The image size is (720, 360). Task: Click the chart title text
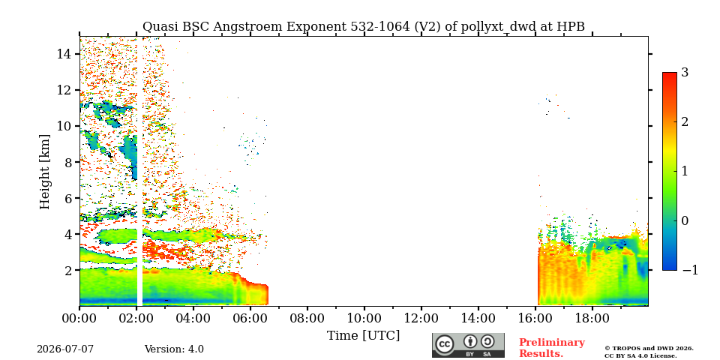[364, 27]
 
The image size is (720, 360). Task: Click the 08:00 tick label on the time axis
[307, 318]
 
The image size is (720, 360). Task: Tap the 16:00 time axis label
[535, 318]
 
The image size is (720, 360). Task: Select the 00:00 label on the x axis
[79, 318]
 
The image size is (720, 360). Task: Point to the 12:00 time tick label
[421, 318]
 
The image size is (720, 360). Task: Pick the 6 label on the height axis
[68, 198]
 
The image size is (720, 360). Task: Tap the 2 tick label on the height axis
[68, 271]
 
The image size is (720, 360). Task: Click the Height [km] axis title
[44, 172]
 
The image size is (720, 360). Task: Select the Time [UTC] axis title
[363, 336]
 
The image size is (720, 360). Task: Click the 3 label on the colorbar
[685, 73]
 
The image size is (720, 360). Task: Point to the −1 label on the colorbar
[690, 271]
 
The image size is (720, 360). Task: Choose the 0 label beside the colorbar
[685, 220]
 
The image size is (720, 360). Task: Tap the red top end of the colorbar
[670, 73]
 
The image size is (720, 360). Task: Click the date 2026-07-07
[65, 349]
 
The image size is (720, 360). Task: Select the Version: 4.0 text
[174, 349]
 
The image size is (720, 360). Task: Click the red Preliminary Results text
[552, 348]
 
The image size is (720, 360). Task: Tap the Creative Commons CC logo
[445, 343]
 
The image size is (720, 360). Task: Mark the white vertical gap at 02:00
[139, 171]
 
